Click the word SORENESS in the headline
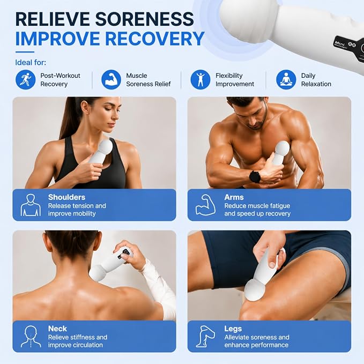coord(144,19)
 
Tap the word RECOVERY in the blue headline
coord(154,39)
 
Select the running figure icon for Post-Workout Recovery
coord(26,80)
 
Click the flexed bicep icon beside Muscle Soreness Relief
coord(111,80)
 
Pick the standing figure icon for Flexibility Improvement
coord(200,80)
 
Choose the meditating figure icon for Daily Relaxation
coord(286,80)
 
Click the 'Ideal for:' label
coord(31,62)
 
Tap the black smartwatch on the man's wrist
coord(255,177)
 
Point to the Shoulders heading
coord(66,197)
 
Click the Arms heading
coord(234,197)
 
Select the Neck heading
coord(57,329)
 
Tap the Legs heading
coord(233,329)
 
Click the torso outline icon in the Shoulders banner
coord(31,205)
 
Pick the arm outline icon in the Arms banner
coord(206,205)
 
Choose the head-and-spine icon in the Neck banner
coord(31,336)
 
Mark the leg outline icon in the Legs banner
coord(205,336)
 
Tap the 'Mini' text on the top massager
coord(340,42)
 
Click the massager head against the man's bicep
coord(282,148)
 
